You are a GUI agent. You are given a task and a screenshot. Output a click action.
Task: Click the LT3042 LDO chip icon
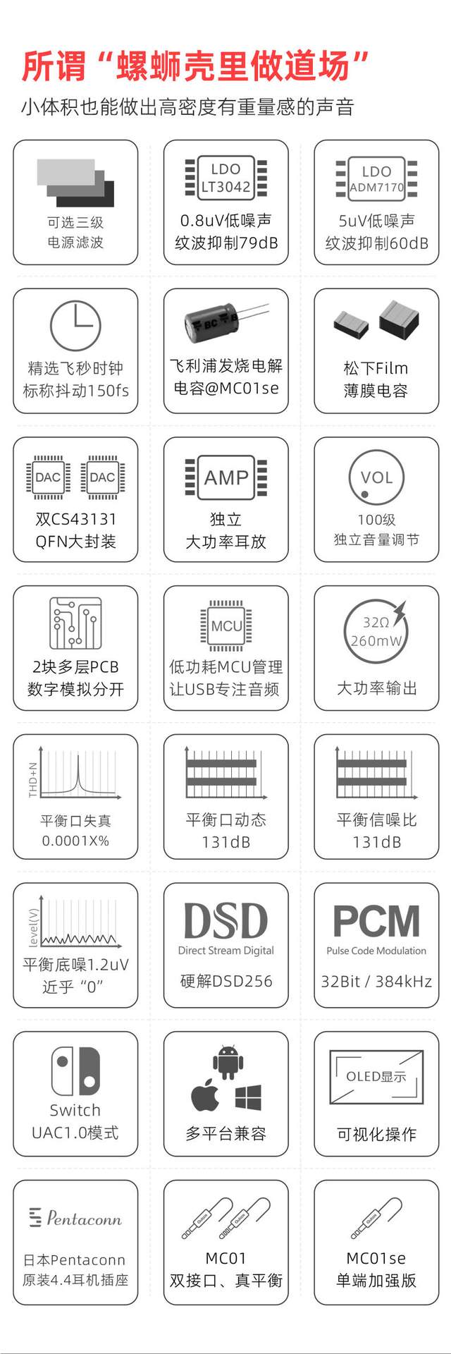coord(225,176)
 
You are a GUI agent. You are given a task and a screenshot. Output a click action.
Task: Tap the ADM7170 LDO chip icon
coord(376,178)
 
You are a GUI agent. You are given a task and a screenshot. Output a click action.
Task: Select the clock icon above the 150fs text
coord(75,325)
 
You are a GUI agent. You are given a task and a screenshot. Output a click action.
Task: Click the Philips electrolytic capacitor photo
coord(226,323)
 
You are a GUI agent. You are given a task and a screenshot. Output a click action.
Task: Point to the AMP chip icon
coord(225,477)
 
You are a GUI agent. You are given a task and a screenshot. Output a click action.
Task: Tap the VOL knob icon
coord(376,477)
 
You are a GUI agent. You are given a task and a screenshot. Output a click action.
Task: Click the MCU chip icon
coord(226,626)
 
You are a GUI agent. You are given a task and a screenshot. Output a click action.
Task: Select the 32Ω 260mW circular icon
coord(376,630)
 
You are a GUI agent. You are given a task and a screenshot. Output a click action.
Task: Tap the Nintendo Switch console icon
coord(75,1071)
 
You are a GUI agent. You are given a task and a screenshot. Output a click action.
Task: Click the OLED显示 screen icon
coord(376,1077)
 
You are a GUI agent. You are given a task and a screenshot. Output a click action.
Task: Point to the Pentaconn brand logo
coord(75,1218)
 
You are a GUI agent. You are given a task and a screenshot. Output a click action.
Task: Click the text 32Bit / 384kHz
coord(376,981)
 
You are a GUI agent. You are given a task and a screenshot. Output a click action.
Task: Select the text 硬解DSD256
coord(226,981)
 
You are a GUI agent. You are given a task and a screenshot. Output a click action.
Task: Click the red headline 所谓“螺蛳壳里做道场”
coord(195,66)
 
